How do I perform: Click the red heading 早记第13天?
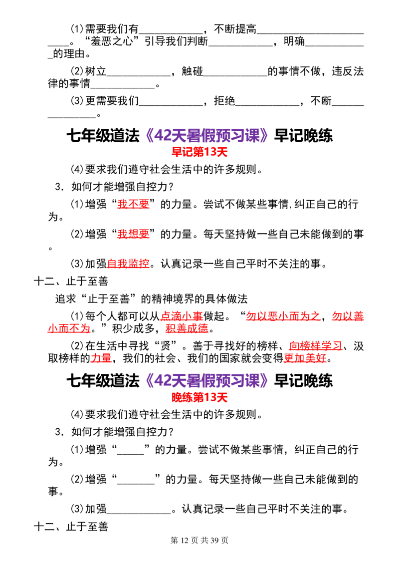(x=199, y=152)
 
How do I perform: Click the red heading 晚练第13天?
(x=199, y=397)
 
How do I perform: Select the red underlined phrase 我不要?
(x=133, y=204)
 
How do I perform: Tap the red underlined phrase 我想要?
(x=133, y=234)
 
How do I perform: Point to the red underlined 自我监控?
(x=128, y=264)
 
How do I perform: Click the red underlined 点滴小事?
(x=182, y=316)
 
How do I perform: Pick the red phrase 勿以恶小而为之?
(x=283, y=316)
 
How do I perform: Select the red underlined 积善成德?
(x=187, y=328)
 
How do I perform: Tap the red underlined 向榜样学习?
(x=315, y=346)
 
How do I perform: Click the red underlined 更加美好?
(x=305, y=358)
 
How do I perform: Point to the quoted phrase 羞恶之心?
(x=112, y=41)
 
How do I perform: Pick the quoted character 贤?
(x=166, y=346)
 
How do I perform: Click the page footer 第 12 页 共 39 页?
(x=199, y=540)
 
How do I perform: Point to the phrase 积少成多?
(x=133, y=328)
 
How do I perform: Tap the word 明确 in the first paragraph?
(x=294, y=41)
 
